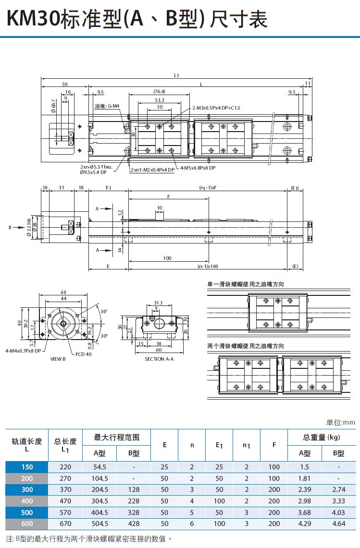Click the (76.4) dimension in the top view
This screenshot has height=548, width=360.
click(x=159, y=92)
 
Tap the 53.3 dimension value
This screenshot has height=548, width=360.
click(x=159, y=100)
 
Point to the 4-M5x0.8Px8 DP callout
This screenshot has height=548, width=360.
click(x=198, y=168)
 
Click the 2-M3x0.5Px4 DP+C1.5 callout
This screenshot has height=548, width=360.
click(x=216, y=108)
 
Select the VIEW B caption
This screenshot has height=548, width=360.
click(x=58, y=359)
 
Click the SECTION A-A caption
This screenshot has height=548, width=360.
click(x=159, y=359)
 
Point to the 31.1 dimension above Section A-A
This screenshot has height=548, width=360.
click(x=158, y=303)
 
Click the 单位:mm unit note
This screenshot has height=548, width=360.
click(x=340, y=423)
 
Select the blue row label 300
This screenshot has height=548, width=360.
click(x=27, y=489)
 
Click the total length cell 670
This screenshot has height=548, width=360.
click(x=65, y=524)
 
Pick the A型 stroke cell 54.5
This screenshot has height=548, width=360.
click(x=99, y=467)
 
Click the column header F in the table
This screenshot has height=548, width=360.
click(x=274, y=445)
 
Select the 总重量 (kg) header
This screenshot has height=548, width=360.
click(x=322, y=437)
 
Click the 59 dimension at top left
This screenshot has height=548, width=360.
click(x=64, y=85)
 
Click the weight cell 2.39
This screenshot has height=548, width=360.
click(x=304, y=489)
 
